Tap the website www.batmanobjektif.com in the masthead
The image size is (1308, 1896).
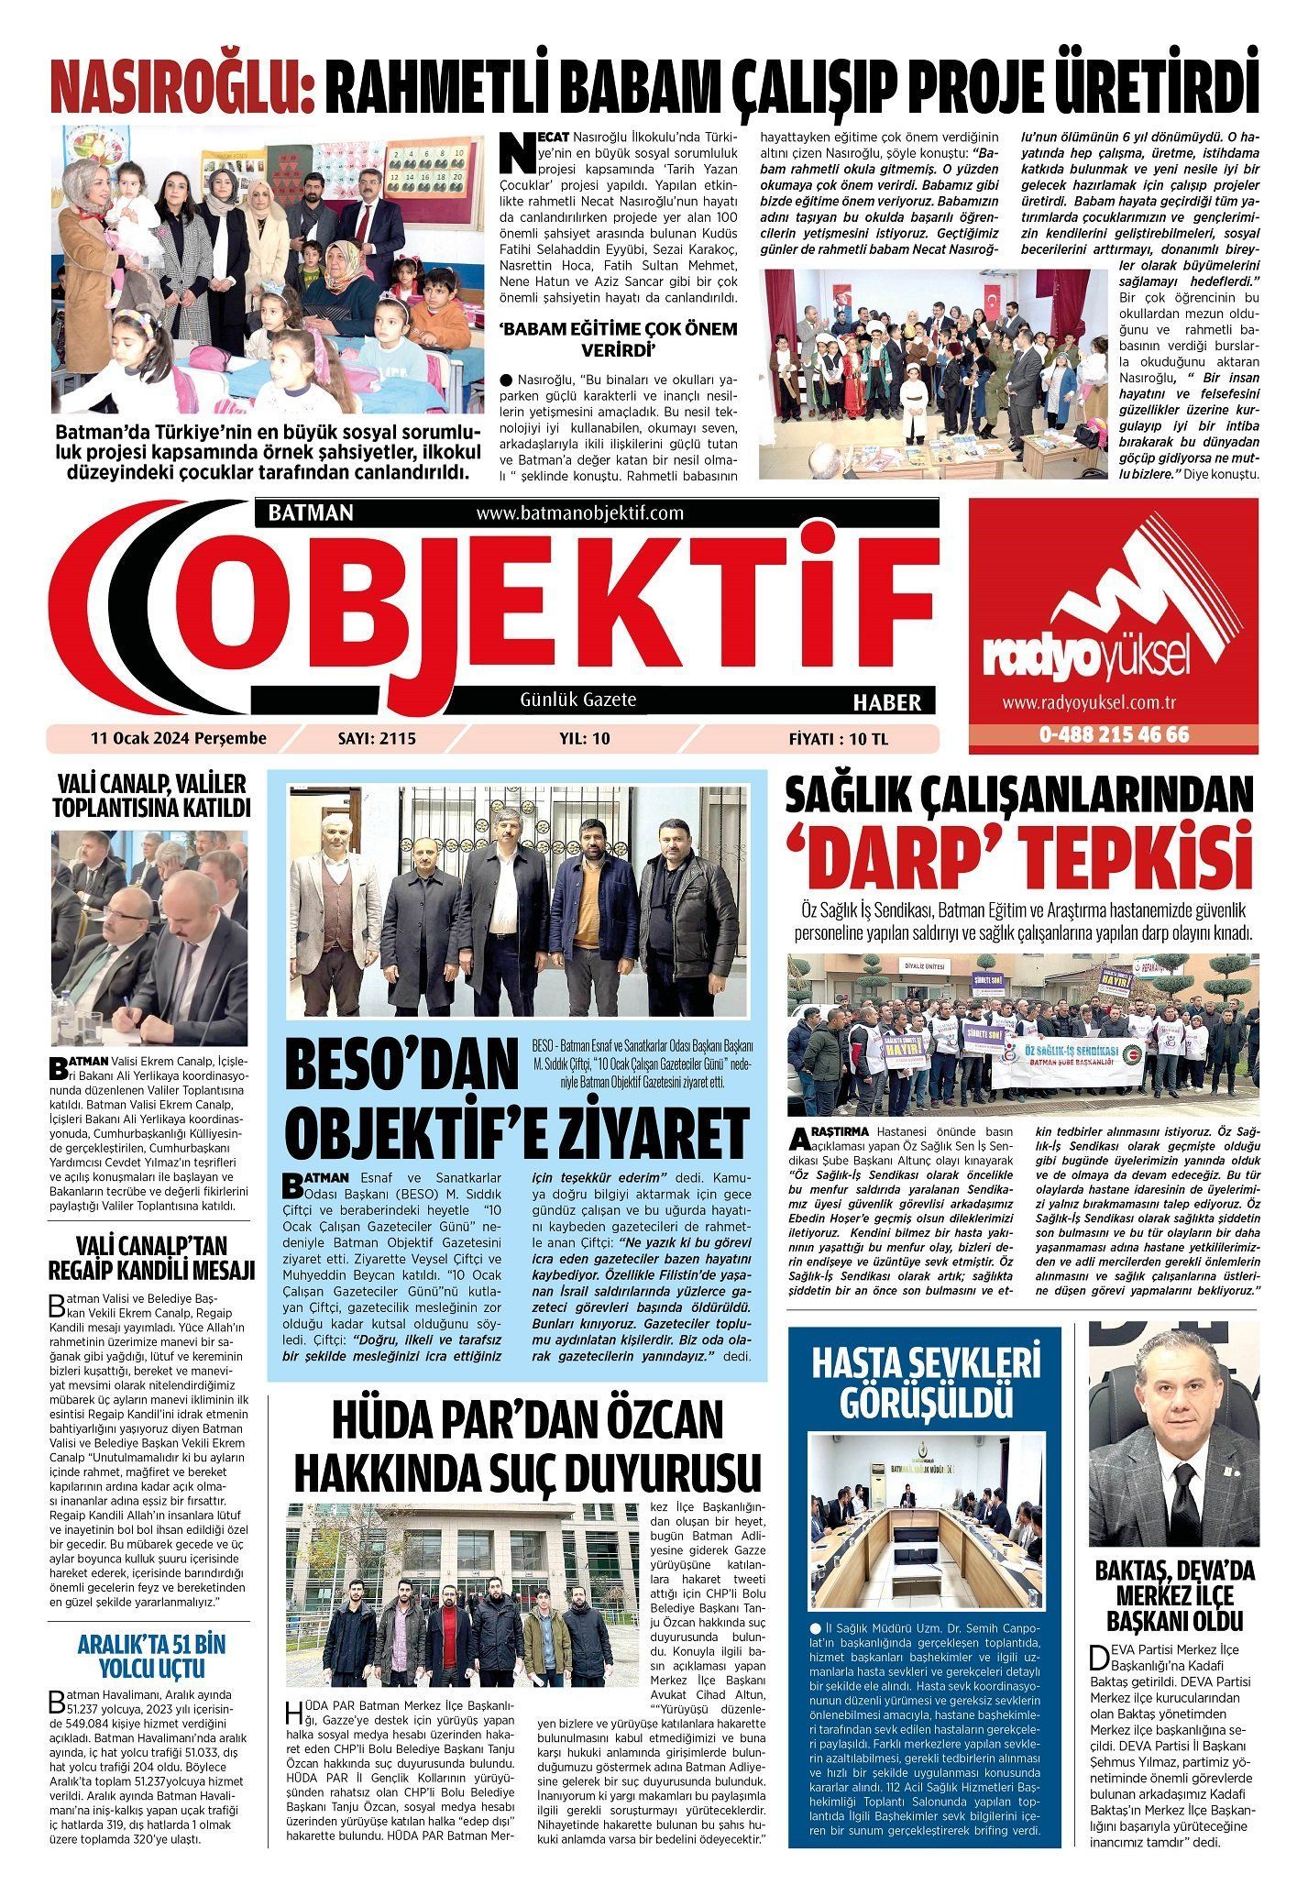(x=580, y=513)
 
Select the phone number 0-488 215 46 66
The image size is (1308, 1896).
(x=1114, y=735)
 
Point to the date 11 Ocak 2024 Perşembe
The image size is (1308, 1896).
(x=178, y=738)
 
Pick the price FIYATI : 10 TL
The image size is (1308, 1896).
(x=838, y=739)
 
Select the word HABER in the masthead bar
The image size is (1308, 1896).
(x=886, y=703)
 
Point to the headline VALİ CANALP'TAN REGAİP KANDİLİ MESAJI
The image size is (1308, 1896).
(x=151, y=1258)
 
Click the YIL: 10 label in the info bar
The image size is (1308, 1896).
(x=584, y=739)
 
